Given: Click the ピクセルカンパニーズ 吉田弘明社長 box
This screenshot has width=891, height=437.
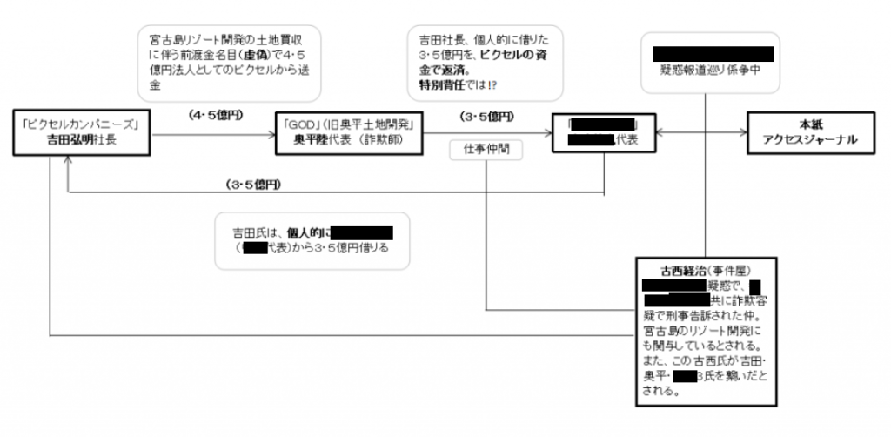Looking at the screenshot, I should (x=85, y=132).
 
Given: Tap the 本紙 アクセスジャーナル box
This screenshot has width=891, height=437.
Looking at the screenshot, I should (x=812, y=132).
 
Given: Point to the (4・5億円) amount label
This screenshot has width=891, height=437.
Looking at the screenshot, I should (x=218, y=115).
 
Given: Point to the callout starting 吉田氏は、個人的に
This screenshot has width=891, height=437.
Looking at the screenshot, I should (x=312, y=240).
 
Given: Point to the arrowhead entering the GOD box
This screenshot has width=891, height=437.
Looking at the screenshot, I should (x=267, y=132).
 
